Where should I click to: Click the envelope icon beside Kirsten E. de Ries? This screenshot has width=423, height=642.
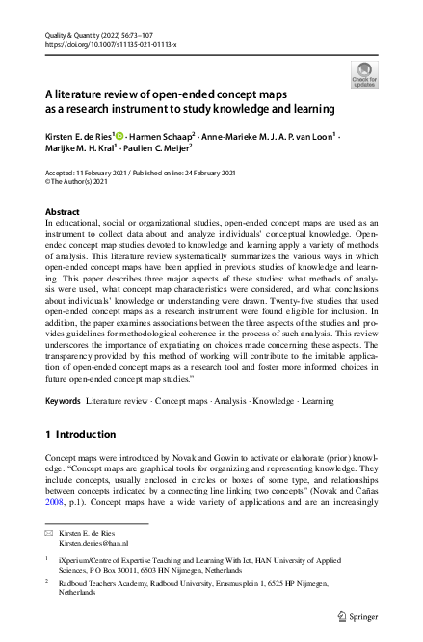point(51,532)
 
